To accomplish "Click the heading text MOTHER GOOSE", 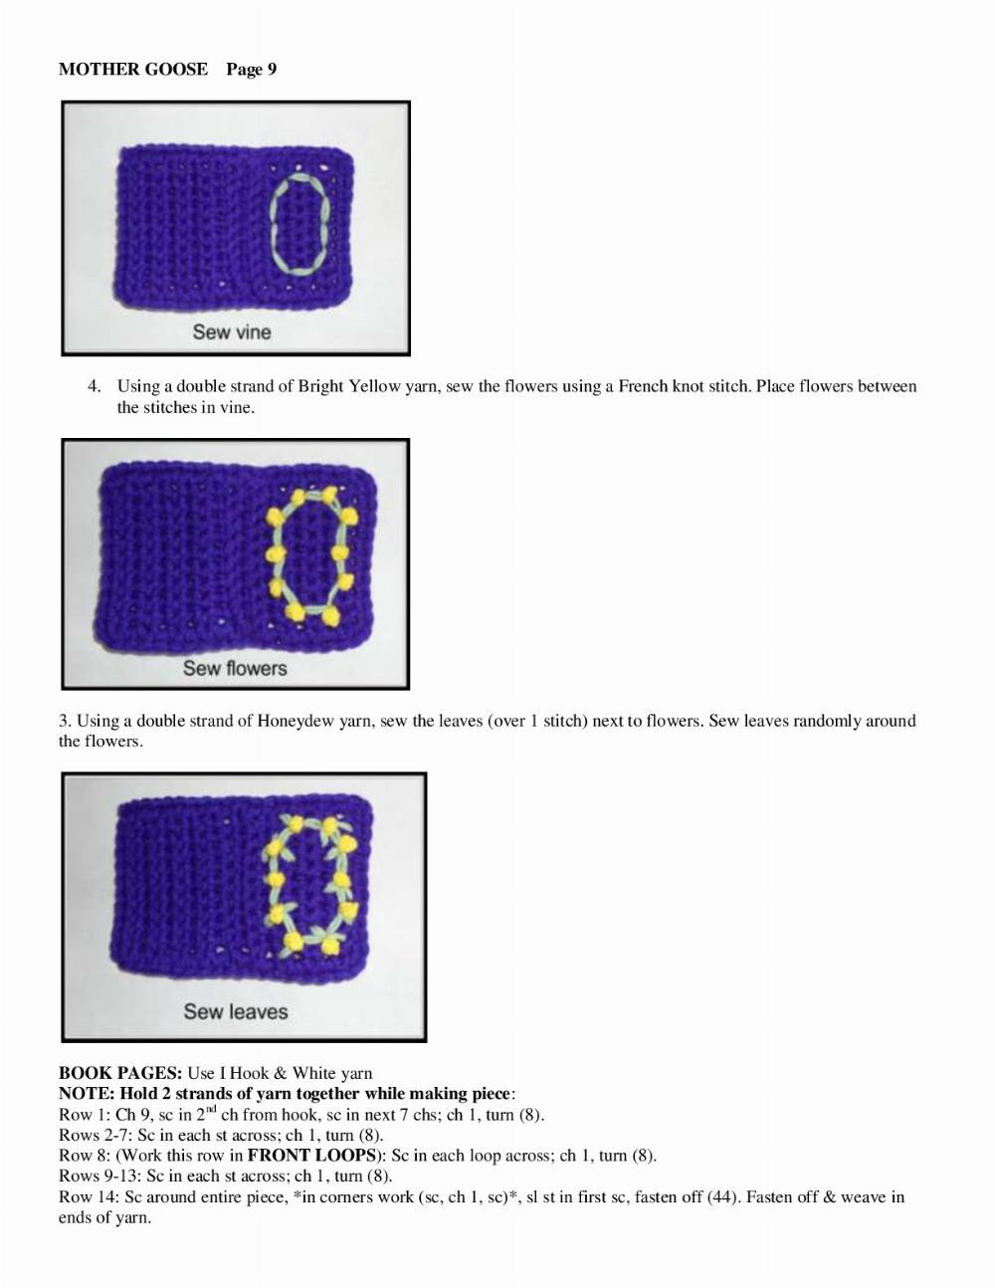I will pyautogui.click(x=133, y=69).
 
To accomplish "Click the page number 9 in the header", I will pyautogui.click(x=272, y=69).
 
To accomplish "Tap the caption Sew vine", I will pyautogui.click(x=232, y=331).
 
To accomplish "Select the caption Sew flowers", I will pyautogui.click(x=235, y=668).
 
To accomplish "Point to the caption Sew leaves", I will pyautogui.click(x=235, y=1011).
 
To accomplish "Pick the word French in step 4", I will pyautogui.click(x=643, y=386).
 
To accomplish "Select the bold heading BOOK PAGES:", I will pyautogui.click(x=120, y=1073).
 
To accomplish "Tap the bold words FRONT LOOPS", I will pyautogui.click(x=310, y=1156).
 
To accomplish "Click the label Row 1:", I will pyautogui.click(x=85, y=1115).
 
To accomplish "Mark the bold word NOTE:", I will pyautogui.click(x=87, y=1094).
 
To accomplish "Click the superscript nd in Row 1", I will pyautogui.click(x=211, y=1109).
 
